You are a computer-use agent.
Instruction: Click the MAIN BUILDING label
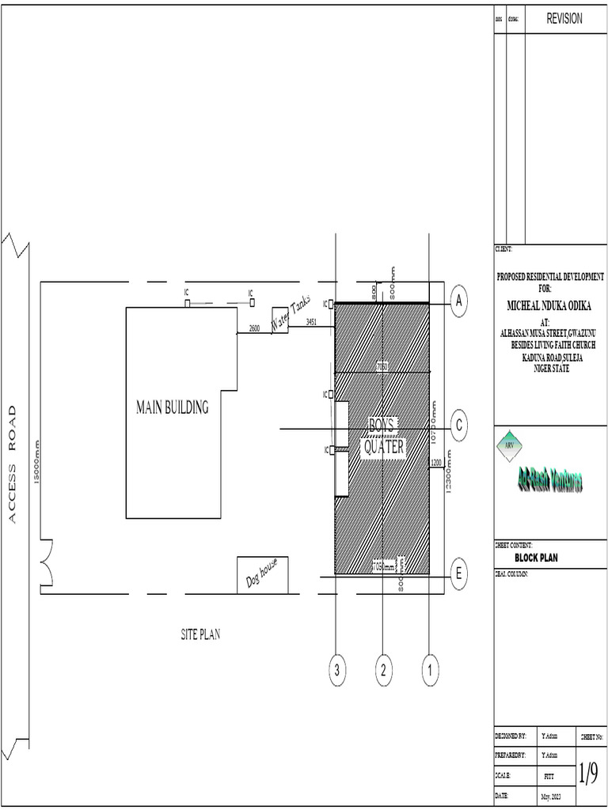[x=172, y=408]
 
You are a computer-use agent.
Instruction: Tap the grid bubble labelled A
[x=460, y=301]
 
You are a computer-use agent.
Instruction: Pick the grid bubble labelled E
[x=460, y=575]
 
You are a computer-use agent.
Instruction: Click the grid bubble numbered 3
[x=337, y=671]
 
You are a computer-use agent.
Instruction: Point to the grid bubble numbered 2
[x=383, y=671]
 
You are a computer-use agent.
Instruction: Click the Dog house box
[x=262, y=575]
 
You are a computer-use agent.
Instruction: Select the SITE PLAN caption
[x=199, y=634]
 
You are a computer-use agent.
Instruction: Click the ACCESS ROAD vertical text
[x=13, y=464]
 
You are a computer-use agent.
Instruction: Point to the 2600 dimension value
[x=254, y=327]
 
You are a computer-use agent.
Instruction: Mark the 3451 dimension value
[x=311, y=322]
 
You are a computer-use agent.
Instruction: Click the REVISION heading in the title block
[x=564, y=19]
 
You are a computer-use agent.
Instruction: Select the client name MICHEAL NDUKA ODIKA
[x=550, y=305]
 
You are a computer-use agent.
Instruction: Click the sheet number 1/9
[x=587, y=773]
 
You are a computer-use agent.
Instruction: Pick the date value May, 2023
[x=550, y=795]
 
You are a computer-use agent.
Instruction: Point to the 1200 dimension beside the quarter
[x=435, y=462]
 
